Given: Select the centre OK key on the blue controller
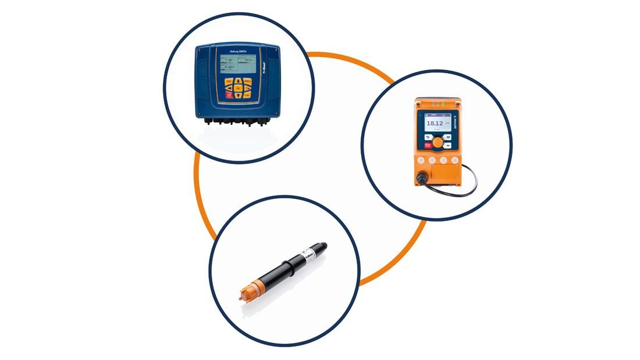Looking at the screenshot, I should [x=239, y=88].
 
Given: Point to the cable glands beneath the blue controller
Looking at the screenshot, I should [x=236, y=122].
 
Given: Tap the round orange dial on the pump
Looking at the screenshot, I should [x=438, y=141].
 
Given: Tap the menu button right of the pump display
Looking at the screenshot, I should [x=449, y=138].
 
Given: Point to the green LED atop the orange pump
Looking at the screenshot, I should [x=442, y=105].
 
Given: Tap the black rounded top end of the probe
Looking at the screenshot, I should [x=322, y=247].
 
